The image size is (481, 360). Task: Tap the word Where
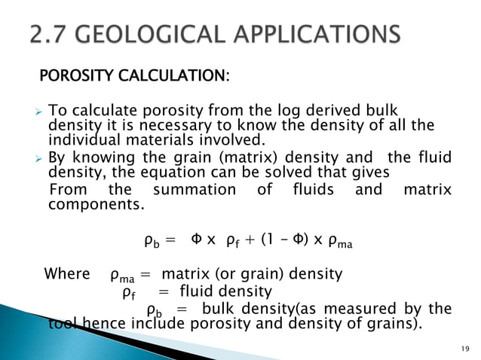(67, 273)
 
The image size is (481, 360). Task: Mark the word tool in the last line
(60, 325)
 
